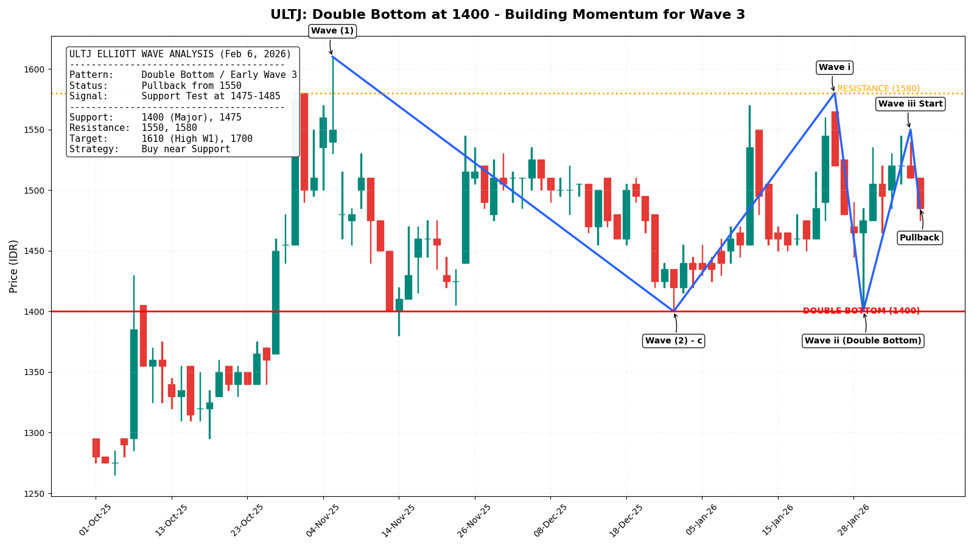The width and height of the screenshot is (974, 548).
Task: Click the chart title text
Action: point(508,15)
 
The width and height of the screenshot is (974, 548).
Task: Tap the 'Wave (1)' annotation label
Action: point(332,31)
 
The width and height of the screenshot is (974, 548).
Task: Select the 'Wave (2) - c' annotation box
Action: point(673,341)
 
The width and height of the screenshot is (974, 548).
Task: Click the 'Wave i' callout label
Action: point(835,68)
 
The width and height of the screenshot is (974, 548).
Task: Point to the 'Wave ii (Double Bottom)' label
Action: point(863,341)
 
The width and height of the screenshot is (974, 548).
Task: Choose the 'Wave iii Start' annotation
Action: point(910,104)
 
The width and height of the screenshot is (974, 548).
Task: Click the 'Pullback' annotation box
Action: point(919,237)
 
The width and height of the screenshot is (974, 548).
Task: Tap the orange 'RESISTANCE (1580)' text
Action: point(878,89)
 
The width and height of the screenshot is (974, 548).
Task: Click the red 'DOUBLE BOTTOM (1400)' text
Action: point(861,311)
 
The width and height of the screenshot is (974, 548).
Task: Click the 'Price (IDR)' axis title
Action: point(14,266)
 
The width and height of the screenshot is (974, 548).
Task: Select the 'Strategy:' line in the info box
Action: point(150,149)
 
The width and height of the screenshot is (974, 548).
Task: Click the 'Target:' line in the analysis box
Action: point(161,139)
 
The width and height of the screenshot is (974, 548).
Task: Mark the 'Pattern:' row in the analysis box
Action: point(183,75)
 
